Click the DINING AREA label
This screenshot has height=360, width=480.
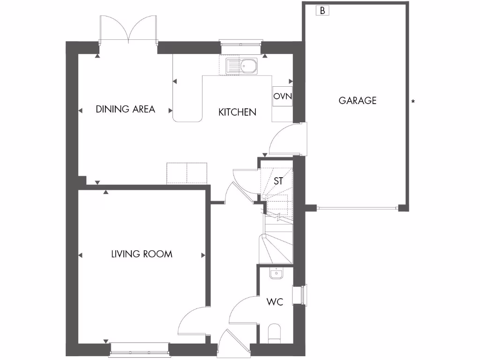click(125, 109)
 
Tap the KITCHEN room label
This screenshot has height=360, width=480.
click(238, 112)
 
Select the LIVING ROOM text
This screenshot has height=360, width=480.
click(142, 254)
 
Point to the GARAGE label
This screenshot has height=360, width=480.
click(358, 100)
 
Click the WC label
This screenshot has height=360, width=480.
click(275, 302)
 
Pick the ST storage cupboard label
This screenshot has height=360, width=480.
click(278, 181)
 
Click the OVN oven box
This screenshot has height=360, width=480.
click(283, 97)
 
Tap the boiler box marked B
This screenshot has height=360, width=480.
click(323, 10)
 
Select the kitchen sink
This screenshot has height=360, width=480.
click(241, 67)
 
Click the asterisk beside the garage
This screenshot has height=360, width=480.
click(413, 101)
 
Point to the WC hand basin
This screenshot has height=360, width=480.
click(277, 273)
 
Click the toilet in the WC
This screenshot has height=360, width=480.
click(274, 333)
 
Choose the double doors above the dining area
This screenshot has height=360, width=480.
click(127, 30)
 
